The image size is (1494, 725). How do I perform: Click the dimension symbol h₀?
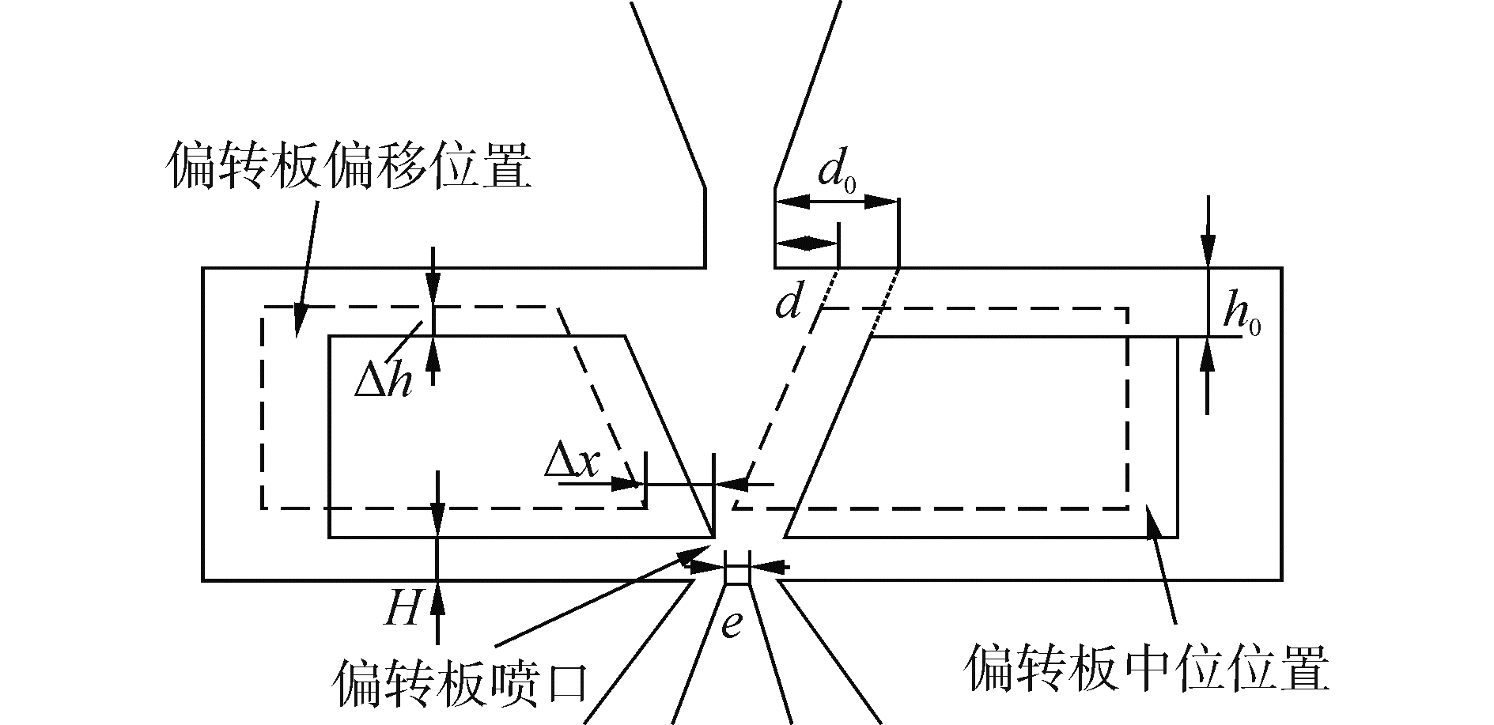[x=1241, y=315]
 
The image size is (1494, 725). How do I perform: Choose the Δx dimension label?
[x=571, y=463]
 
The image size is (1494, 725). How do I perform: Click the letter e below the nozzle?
[x=733, y=624]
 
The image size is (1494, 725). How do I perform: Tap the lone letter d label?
[x=789, y=303]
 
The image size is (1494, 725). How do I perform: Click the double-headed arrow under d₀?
[x=837, y=202]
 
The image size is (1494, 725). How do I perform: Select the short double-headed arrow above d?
[x=806, y=244]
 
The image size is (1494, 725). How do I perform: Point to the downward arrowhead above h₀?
[x=1208, y=253]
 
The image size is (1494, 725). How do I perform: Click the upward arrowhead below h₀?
[x=1208, y=353]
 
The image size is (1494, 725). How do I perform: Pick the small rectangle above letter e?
[x=737, y=573]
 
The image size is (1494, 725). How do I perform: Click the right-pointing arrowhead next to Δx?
[x=629, y=484]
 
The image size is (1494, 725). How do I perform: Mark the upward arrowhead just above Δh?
[x=433, y=353]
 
